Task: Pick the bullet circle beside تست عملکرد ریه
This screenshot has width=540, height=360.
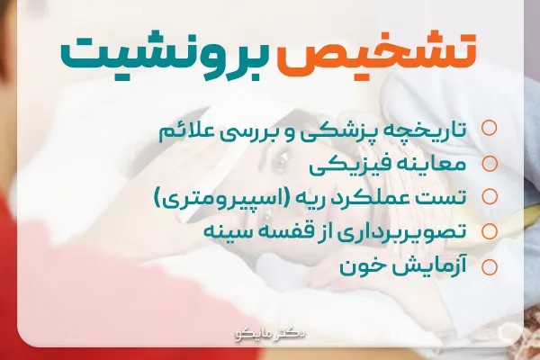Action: pyautogui.click(x=490, y=197)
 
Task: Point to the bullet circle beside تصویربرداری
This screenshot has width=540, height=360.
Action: pyautogui.click(x=490, y=231)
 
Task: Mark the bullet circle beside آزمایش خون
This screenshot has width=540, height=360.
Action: pyautogui.click(x=490, y=266)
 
